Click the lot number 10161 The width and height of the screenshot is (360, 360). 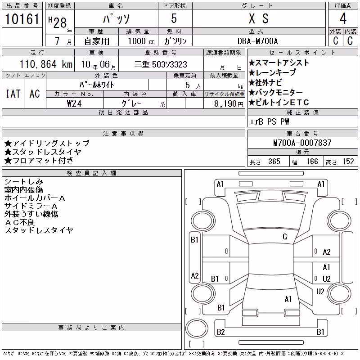[22, 19]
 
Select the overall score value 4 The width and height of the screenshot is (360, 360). [343, 18]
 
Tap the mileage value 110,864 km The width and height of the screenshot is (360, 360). [46, 64]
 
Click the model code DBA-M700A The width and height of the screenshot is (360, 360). [257, 41]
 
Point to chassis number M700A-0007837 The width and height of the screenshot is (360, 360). [302, 143]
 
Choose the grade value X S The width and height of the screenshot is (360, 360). [259, 18]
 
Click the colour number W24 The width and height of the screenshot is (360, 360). [74, 103]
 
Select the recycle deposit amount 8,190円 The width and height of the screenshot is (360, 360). [229, 104]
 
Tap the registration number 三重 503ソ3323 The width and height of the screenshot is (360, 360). [161, 64]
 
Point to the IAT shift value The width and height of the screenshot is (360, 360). [13, 94]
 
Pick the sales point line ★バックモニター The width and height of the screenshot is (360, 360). [275, 92]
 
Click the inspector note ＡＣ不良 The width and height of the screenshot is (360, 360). [19, 222]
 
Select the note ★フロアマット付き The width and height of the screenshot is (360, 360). [39, 160]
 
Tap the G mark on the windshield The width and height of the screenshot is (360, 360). [285, 237]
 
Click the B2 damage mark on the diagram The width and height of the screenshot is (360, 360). [220, 332]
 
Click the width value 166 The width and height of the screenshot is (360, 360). [312, 162]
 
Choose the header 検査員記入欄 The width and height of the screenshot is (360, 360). [91, 173]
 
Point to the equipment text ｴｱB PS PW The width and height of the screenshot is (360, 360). [269, 121]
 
